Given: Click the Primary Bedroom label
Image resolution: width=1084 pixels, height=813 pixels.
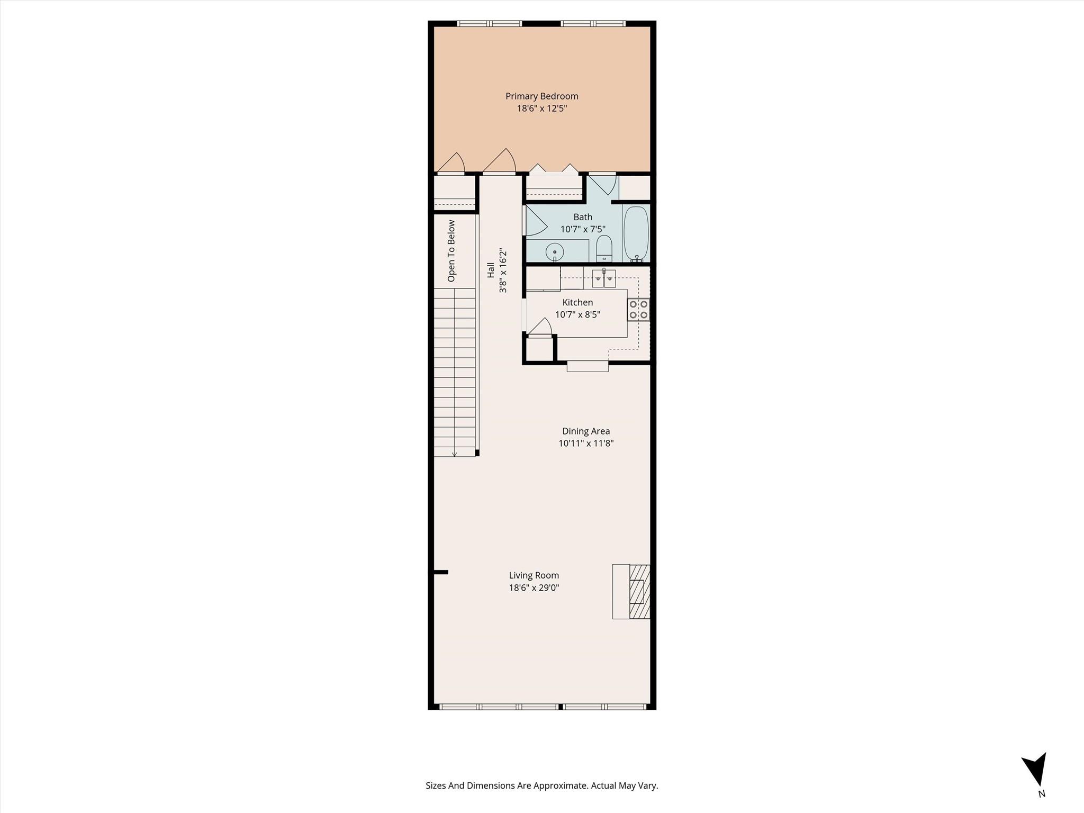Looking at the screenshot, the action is click(541, 96).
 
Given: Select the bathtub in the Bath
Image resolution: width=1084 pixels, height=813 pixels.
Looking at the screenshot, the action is click(636, 233).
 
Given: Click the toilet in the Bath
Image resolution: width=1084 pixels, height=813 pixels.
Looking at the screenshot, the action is click(604, 249).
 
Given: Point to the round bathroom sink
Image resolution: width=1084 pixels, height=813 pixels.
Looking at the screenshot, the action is click(555, 251).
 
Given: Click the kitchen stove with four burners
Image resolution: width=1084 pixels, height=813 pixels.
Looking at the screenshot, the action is click(638, 310).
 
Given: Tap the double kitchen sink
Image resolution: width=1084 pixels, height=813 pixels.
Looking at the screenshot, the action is click(604, 278).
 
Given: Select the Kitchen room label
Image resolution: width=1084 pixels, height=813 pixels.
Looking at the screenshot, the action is click(577, 302).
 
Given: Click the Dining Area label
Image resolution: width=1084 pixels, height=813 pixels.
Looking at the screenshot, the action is click(586, 431).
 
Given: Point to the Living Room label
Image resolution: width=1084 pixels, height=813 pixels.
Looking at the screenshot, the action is click(534, 575).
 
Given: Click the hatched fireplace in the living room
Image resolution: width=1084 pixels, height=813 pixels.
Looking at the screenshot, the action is click(639, 592).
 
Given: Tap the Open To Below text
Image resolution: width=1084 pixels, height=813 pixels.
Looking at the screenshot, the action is click(451, 251).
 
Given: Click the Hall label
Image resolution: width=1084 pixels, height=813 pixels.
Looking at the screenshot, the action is click(491, 270).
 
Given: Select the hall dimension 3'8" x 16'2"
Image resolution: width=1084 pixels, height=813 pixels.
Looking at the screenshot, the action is click(503, 270).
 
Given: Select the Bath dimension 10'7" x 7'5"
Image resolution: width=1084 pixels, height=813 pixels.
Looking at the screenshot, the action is click(583, 229).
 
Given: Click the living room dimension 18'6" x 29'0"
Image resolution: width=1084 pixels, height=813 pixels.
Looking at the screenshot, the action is click(534, 588).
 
